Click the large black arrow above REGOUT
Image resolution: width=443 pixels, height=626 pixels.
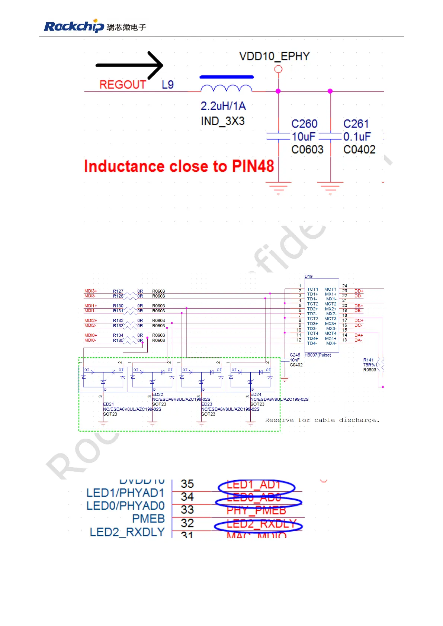tap(129, 65)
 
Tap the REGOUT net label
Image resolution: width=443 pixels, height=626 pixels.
tap(122, 85)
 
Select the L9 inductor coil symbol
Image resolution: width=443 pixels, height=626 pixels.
tap(226, 88)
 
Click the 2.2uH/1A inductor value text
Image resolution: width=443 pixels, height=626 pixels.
tap(223, 106)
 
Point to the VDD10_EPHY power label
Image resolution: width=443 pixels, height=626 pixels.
tap(274, 56)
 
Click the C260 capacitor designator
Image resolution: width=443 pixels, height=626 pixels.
tap(304, 124)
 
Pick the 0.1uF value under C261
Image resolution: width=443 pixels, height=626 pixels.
tap(357, 136)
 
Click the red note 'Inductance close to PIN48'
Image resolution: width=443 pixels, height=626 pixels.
tap(179, 166)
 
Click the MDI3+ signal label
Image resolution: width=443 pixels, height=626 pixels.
tap(90, 291)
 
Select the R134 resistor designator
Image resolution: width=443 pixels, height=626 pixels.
tap(118, 335)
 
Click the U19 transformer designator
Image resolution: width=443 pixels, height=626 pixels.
tap(308, 276)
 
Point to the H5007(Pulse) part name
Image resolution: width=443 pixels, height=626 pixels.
tap(318, 355)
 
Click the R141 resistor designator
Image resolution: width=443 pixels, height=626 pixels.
tap(368, 360)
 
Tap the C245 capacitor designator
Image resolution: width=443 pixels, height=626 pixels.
tap(295, 355)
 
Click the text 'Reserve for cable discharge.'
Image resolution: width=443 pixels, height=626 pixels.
tap(322, 420)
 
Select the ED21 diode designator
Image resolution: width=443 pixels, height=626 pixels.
tap(108, 404)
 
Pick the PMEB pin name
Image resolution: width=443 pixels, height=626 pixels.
tap(148, 519)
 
